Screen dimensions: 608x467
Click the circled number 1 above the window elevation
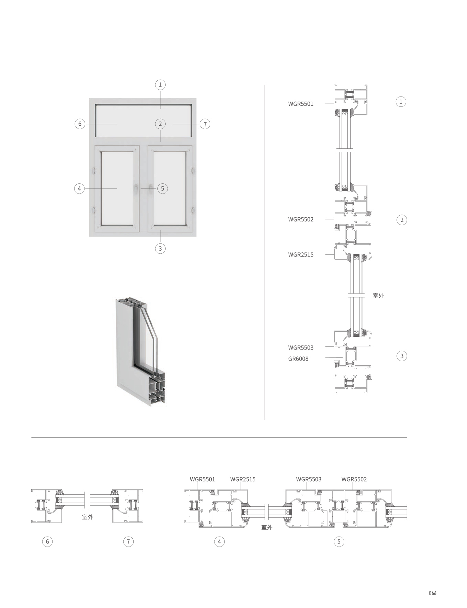(160, 84)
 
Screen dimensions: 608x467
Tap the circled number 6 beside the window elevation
(80, 124)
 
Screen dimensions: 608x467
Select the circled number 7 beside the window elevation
(205, 124)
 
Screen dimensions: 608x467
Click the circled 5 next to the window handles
(163, 188)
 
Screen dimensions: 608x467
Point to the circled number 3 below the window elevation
(160, 248)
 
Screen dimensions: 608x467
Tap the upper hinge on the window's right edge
(193, 170)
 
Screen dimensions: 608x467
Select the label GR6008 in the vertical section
(298, 359)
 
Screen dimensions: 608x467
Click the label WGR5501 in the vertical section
(301, 104)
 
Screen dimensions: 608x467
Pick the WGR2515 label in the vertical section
(301, 255)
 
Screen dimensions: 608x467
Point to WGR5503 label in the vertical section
(301, 347)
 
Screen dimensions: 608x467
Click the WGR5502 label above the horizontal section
(354, 479)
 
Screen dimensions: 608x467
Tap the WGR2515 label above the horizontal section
(243, 479)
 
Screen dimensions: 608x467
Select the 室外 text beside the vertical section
(378, 296)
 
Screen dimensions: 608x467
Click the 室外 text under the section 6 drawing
(87, 517)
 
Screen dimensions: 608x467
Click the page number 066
(432, 593)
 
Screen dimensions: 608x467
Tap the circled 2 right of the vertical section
(402, 220)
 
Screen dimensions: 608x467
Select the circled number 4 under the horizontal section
(219, 542)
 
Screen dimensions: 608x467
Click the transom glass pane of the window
(143, 120)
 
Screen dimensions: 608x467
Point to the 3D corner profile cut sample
(141, 354)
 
